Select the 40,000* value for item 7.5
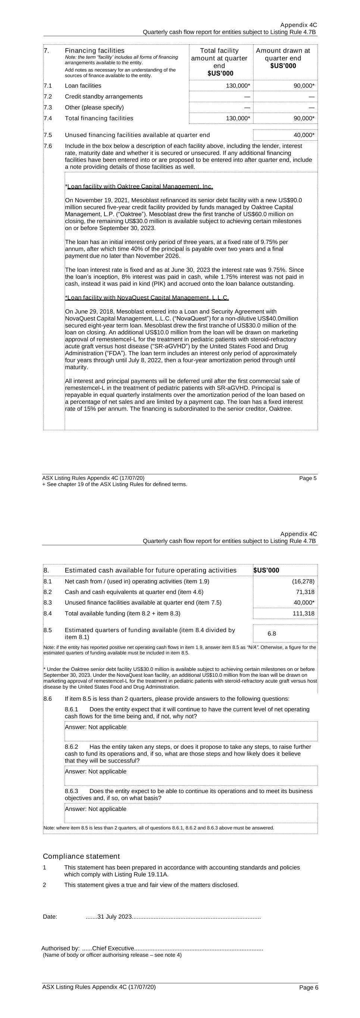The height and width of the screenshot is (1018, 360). point(304,135)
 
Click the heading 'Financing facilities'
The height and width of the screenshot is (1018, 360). point(94,51)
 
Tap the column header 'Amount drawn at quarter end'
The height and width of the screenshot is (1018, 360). point(283,58)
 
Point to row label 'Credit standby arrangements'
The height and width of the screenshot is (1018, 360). point(104,97)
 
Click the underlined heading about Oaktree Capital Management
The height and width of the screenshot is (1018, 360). point(140,186)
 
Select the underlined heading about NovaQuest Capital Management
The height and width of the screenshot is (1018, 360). point(147,298)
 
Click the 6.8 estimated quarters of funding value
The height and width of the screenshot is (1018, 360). point(272,634)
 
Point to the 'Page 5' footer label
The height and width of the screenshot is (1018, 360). point(308,478)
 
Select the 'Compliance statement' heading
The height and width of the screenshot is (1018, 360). point(81,857)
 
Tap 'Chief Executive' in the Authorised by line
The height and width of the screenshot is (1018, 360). point(113,948)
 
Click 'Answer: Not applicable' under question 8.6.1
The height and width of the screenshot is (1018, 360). point(96,727)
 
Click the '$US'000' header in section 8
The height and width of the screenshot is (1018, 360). point(266,570)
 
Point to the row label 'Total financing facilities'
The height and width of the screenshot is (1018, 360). point(99,118)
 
